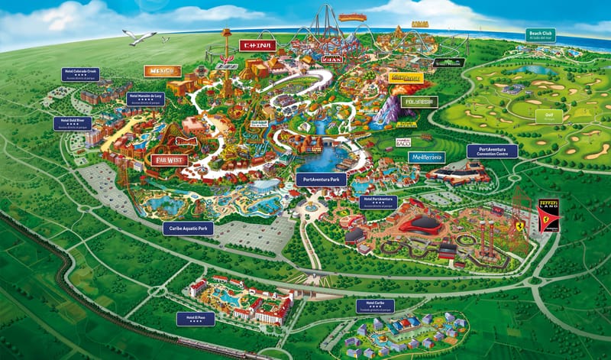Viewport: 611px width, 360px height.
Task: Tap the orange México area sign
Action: click(162, 71)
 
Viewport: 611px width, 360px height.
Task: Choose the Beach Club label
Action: click(540, 35)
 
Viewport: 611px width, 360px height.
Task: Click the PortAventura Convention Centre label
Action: click(492, 151)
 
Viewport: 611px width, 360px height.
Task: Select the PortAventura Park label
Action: click(321, 179)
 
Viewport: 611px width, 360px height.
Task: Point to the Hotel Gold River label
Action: click(72, 123)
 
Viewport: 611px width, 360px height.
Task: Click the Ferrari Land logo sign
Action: click(548, 215)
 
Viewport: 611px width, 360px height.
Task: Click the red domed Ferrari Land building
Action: click(419, 225)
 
